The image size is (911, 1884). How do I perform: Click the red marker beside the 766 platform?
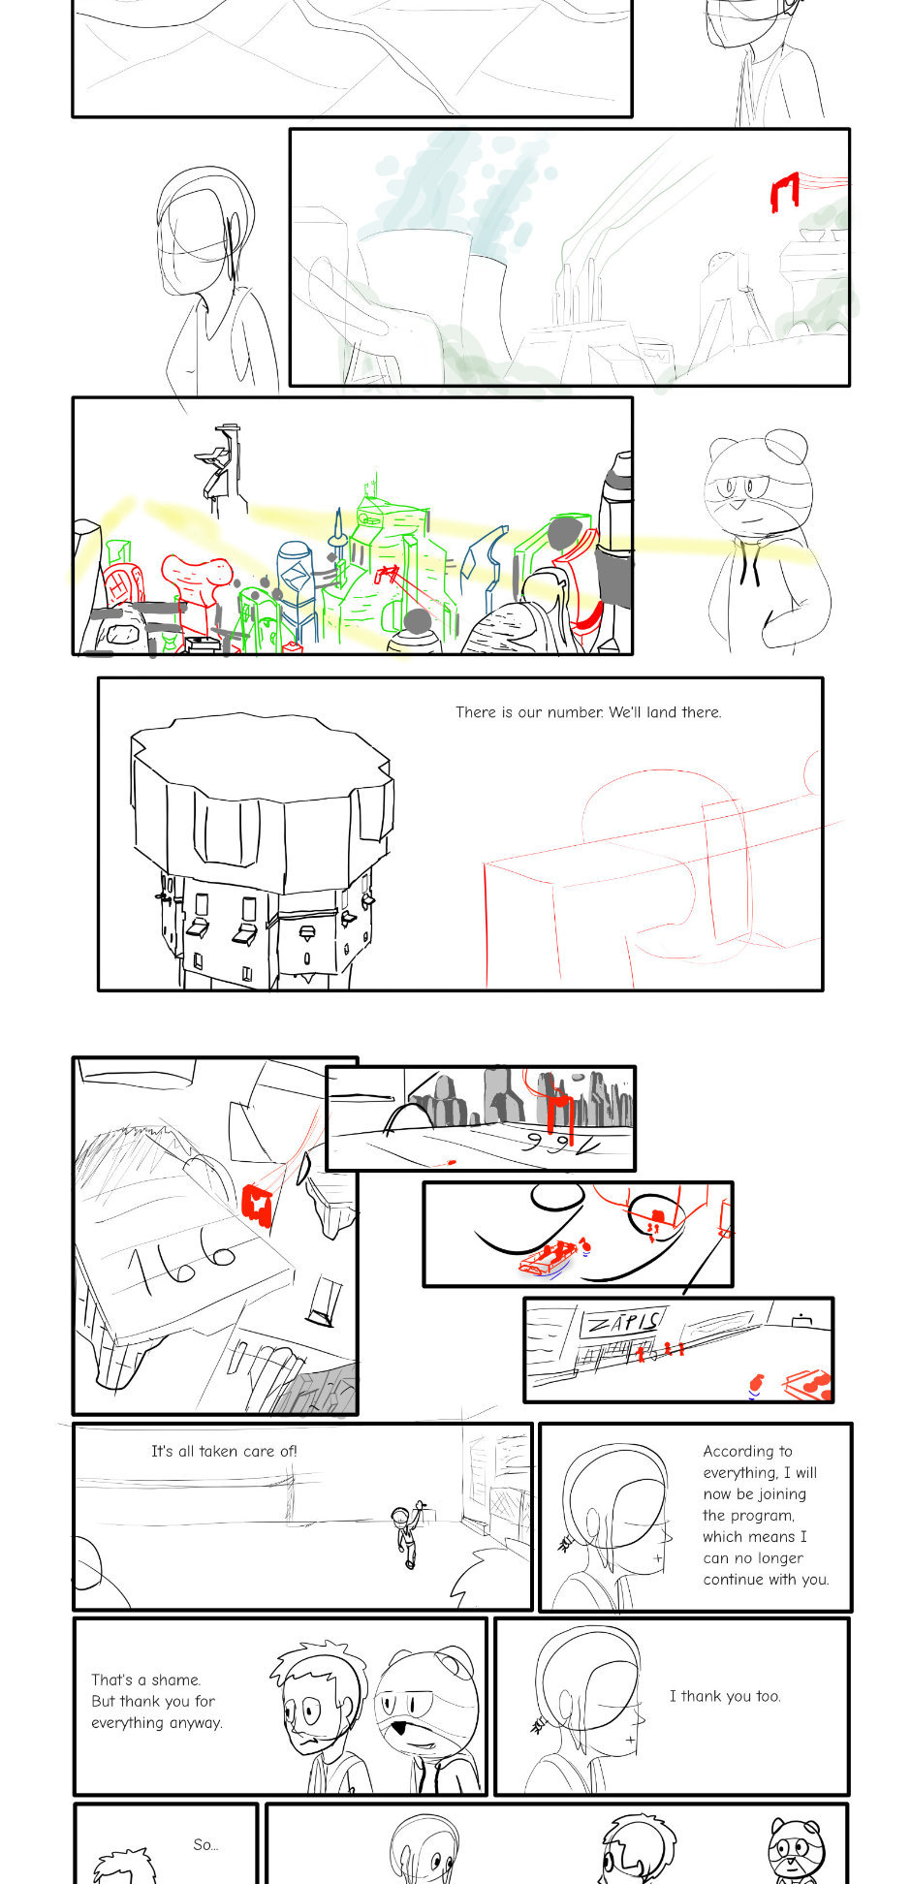[x=256, y=1205]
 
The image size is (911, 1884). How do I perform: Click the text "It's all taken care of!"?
[x=224, y=1451]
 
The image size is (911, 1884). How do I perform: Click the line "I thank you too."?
[x=725, y=1696]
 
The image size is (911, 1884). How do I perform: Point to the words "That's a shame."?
[x=145, y=1680]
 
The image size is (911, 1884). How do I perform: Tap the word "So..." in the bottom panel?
[x=205, y=1844]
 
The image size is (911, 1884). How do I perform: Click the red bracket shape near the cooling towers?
[x=784, y=192]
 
